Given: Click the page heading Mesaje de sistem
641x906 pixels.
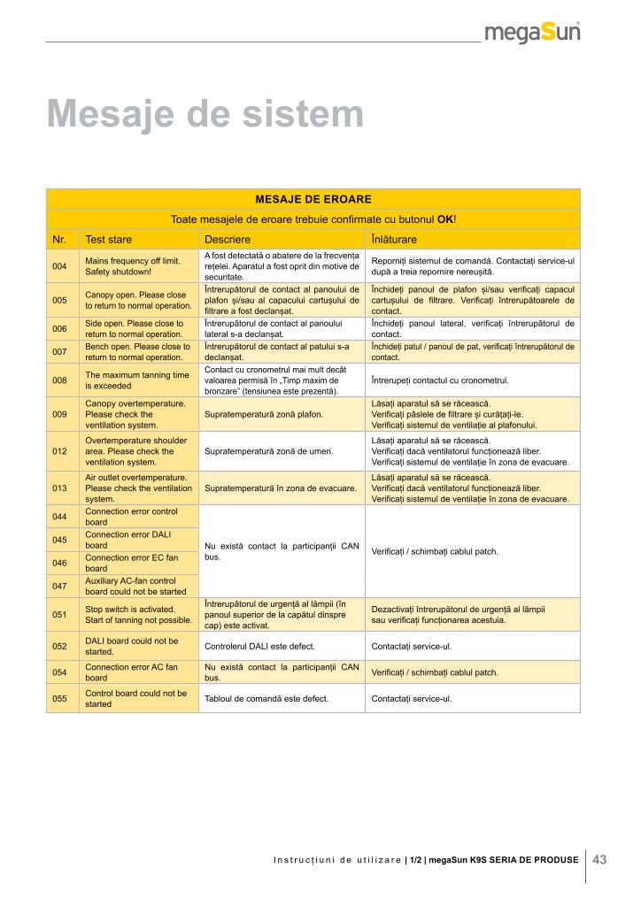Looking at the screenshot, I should click(x=205, y=114).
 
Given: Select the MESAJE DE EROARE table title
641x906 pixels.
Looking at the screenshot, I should click(x=313, y=199).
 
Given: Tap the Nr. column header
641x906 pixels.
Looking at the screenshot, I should click(x=60, y=240).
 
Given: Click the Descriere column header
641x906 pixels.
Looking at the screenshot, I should click(x=228, y=240).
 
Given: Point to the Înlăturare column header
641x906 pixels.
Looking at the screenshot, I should click(x=394, y=240).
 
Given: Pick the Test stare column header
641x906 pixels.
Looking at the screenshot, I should click(x=108, y=240).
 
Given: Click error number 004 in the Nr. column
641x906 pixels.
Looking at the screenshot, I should click(x=60, y=266).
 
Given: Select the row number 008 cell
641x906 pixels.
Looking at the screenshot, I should click(x=60, y=380).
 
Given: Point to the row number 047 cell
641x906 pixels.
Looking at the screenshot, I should click(x=60, y=586).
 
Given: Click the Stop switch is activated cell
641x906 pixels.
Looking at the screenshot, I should click(x=137, y=615).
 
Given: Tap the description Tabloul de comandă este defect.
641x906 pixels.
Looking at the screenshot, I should click(x=266, y=699).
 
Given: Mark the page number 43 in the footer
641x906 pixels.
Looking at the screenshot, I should click(x=599, y=858).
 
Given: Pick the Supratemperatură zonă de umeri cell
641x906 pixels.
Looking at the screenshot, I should click(x=268, y=451).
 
